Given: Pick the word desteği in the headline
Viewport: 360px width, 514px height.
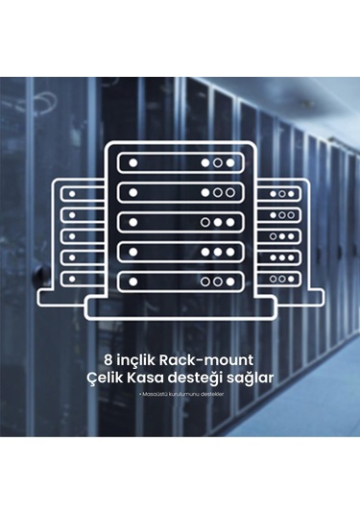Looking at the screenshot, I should (203, 379).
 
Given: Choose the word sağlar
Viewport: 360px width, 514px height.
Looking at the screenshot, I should (252, 379).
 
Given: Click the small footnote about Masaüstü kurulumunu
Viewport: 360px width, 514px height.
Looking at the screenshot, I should (180, 395).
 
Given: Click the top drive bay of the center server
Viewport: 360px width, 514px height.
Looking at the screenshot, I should (180, 163).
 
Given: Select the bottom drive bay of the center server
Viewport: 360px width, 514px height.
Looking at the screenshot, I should (180, 281).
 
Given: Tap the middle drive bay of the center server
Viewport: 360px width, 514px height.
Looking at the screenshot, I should (180, 222).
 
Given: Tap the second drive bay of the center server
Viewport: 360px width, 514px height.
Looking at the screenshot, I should (180, 193).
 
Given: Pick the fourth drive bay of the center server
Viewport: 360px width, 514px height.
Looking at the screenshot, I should (180, 252).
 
